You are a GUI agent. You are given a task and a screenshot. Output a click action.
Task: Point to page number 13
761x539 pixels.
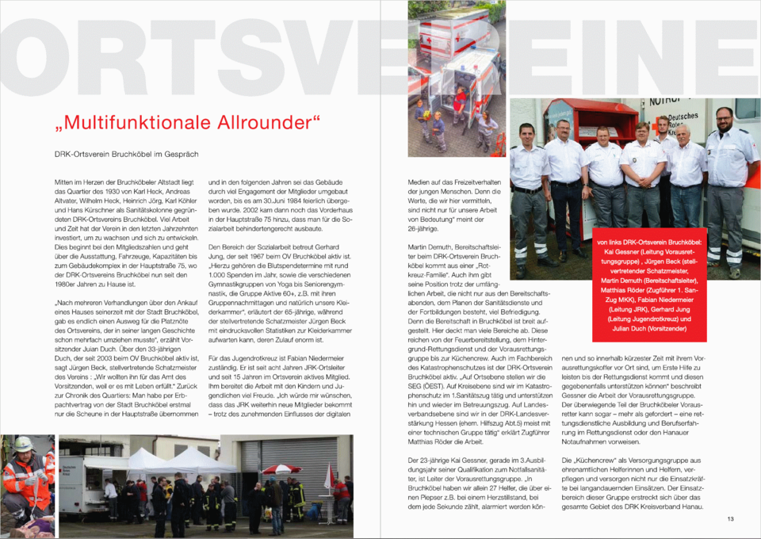point(730,518)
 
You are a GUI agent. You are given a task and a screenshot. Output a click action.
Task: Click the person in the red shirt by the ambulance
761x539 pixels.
point(461,99)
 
